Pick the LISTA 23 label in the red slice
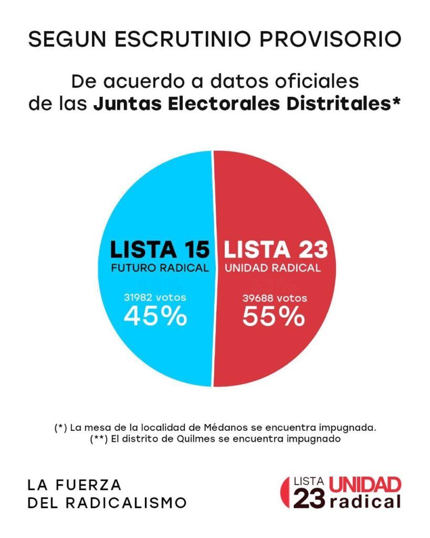pos(276,250)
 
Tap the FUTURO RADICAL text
pos(160,268)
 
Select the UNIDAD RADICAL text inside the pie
pos(273,268)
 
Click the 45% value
pos(155,317)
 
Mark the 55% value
pos(273,317)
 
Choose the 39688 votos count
pos(275,298)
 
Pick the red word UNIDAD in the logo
pos(365,484)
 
